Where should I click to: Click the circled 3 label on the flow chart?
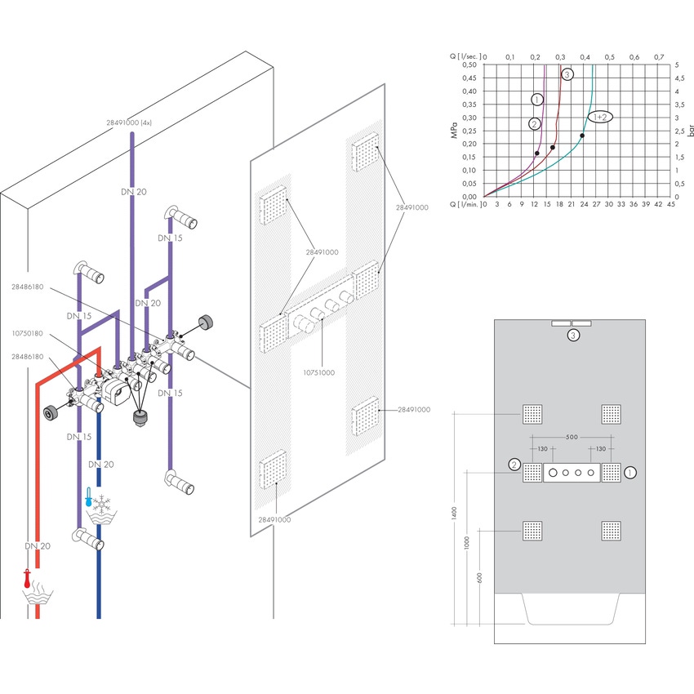567,74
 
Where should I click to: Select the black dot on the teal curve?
582,136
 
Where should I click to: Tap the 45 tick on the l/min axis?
670,205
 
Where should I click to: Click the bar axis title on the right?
689,131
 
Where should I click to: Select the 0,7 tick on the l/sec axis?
659,56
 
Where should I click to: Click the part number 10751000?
320,373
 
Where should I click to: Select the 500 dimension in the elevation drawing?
571,437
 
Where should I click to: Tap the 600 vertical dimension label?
479,577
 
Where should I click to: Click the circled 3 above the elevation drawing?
574,335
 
